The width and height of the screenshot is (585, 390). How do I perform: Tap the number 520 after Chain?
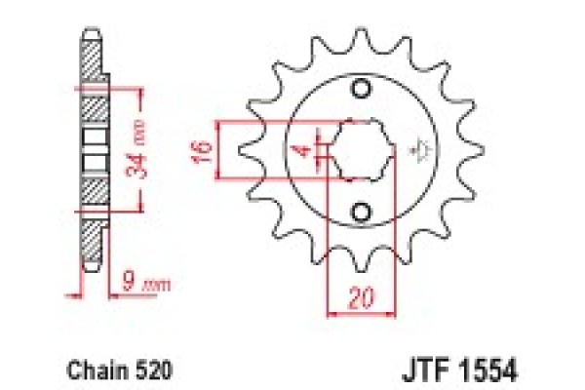(x=138, y=370)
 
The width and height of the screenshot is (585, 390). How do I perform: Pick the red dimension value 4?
(x=304, y=151)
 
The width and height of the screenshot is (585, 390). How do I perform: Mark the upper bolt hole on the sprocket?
(x=362, y=90)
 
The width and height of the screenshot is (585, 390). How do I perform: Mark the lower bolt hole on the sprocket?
(x=362, y=212)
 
